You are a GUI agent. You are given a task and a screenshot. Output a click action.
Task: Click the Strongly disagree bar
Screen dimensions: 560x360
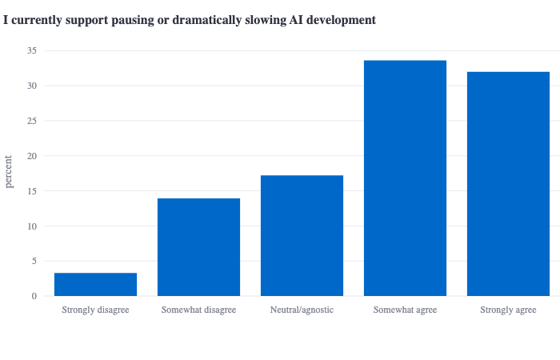(95, 284)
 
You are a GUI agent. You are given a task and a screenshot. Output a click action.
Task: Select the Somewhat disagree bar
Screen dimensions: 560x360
(198, 247)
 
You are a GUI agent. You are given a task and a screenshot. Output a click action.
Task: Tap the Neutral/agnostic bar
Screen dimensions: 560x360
(302, 236)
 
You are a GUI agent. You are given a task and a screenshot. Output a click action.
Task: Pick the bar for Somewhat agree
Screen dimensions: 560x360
(405, 178)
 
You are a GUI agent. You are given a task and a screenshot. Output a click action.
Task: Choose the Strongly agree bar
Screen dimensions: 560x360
(508, 184)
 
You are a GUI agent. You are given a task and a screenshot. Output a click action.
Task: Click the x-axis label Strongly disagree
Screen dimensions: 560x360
(95, 310)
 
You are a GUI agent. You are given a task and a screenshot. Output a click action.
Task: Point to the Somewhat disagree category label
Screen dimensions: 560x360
(198, 310)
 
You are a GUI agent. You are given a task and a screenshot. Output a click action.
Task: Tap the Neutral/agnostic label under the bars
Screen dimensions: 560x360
(302, 310)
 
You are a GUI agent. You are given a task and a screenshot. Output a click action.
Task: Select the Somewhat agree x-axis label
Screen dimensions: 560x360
(405, 310)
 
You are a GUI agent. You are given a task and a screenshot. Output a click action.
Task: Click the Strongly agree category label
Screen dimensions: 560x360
(508, 310)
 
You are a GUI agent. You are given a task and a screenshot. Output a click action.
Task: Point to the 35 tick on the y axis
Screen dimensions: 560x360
(32, 50)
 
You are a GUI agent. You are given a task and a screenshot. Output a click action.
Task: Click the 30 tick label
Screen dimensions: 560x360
(32, 86)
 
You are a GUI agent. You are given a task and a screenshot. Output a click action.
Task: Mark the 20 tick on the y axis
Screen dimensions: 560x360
(32, 156)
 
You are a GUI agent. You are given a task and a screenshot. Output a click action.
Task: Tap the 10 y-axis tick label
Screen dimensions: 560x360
(32, 226)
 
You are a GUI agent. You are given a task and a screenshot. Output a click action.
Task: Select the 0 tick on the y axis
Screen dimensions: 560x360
(34, 296)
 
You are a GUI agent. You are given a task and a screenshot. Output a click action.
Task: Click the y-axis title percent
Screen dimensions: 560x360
(8, 172)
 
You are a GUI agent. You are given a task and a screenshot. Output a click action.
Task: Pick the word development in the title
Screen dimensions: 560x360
(341, 21)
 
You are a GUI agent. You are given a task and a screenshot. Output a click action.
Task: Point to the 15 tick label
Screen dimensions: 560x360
(32, 191)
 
